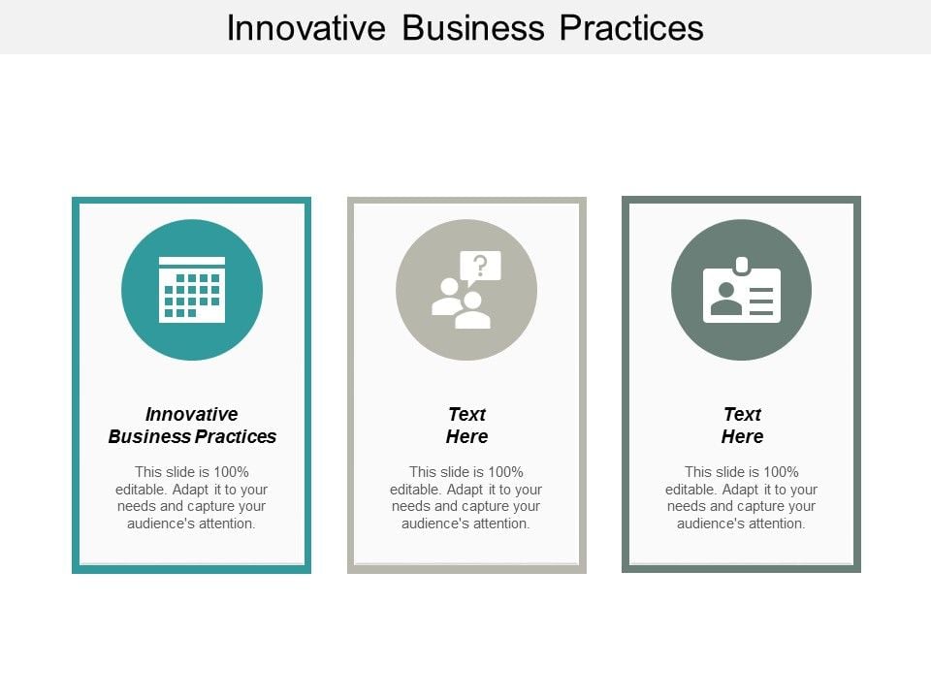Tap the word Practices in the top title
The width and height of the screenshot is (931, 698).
click(631, 27)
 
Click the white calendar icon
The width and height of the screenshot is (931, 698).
click(192, 290)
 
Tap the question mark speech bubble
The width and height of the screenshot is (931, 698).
click(480, 266)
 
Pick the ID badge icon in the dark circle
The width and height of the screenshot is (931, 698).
click(742, 293)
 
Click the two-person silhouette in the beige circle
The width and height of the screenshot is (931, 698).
click(461, 303)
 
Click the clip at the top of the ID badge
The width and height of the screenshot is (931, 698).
click(742, 264)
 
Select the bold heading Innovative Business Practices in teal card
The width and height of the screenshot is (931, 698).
click(192, 426)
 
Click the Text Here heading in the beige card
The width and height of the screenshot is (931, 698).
click(466, 426)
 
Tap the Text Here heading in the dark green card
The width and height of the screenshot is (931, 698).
click(742, 426)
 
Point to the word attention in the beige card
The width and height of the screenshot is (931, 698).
click(499, 523)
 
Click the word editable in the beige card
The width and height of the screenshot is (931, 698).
click(414, 490)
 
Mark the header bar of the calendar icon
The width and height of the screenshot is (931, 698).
click(192, 262)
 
